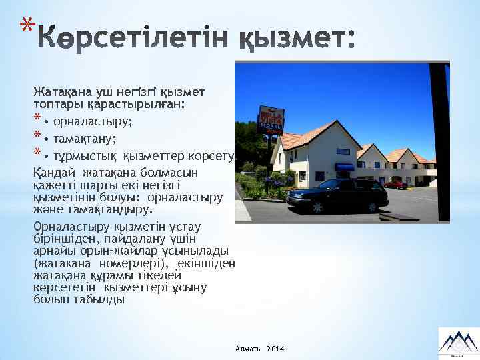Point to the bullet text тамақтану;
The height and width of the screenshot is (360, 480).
click(85, 139)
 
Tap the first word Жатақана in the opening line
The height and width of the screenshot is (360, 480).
click(57, 91)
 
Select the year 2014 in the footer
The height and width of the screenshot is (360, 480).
click(275, 349)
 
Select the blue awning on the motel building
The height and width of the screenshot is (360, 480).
click(344, 167)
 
